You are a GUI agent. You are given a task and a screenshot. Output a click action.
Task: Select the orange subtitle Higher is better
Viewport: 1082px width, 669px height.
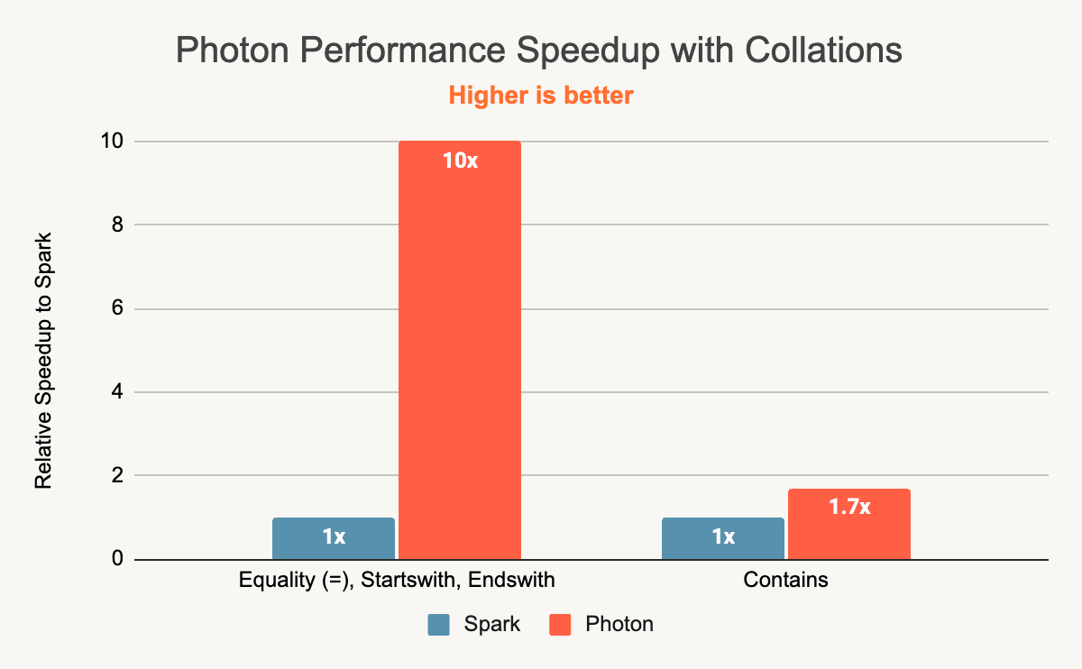point(541,95)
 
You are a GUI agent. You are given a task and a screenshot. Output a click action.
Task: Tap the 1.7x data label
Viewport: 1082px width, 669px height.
point(849,507)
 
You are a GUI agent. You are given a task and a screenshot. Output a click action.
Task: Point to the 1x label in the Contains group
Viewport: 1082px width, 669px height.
point(723,537)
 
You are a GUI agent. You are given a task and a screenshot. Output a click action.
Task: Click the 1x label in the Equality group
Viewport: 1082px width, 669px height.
point(334,537)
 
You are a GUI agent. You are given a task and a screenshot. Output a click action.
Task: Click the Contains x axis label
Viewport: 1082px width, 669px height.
point(785,580)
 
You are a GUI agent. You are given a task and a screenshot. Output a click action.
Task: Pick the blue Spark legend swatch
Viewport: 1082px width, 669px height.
point(438,624)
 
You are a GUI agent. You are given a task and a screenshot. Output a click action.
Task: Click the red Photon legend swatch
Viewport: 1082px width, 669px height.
point(560,624)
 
